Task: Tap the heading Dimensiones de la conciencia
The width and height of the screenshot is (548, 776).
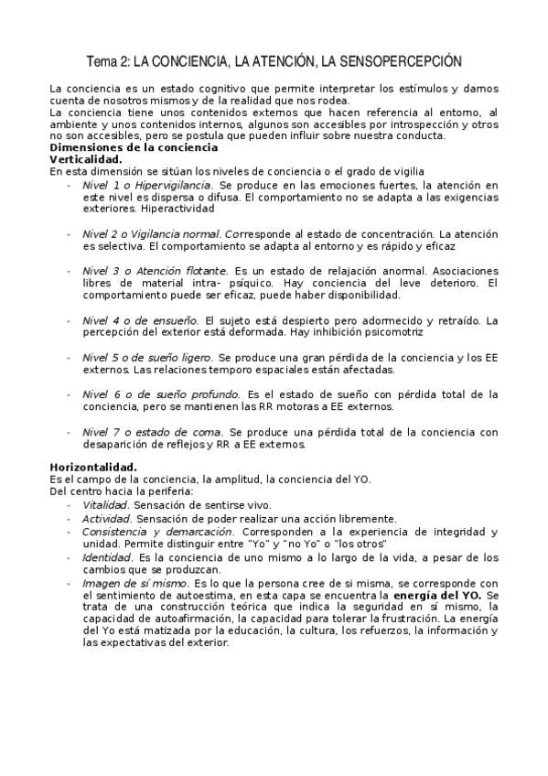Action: tap(134, 147)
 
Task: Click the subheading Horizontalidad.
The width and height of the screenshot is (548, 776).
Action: tap(93, 468)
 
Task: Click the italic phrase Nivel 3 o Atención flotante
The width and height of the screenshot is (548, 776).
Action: tap(155, 272)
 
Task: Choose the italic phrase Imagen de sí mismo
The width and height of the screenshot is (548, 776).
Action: tap(135, 582)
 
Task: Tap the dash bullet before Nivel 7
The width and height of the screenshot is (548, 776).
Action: tap(69, 431)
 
